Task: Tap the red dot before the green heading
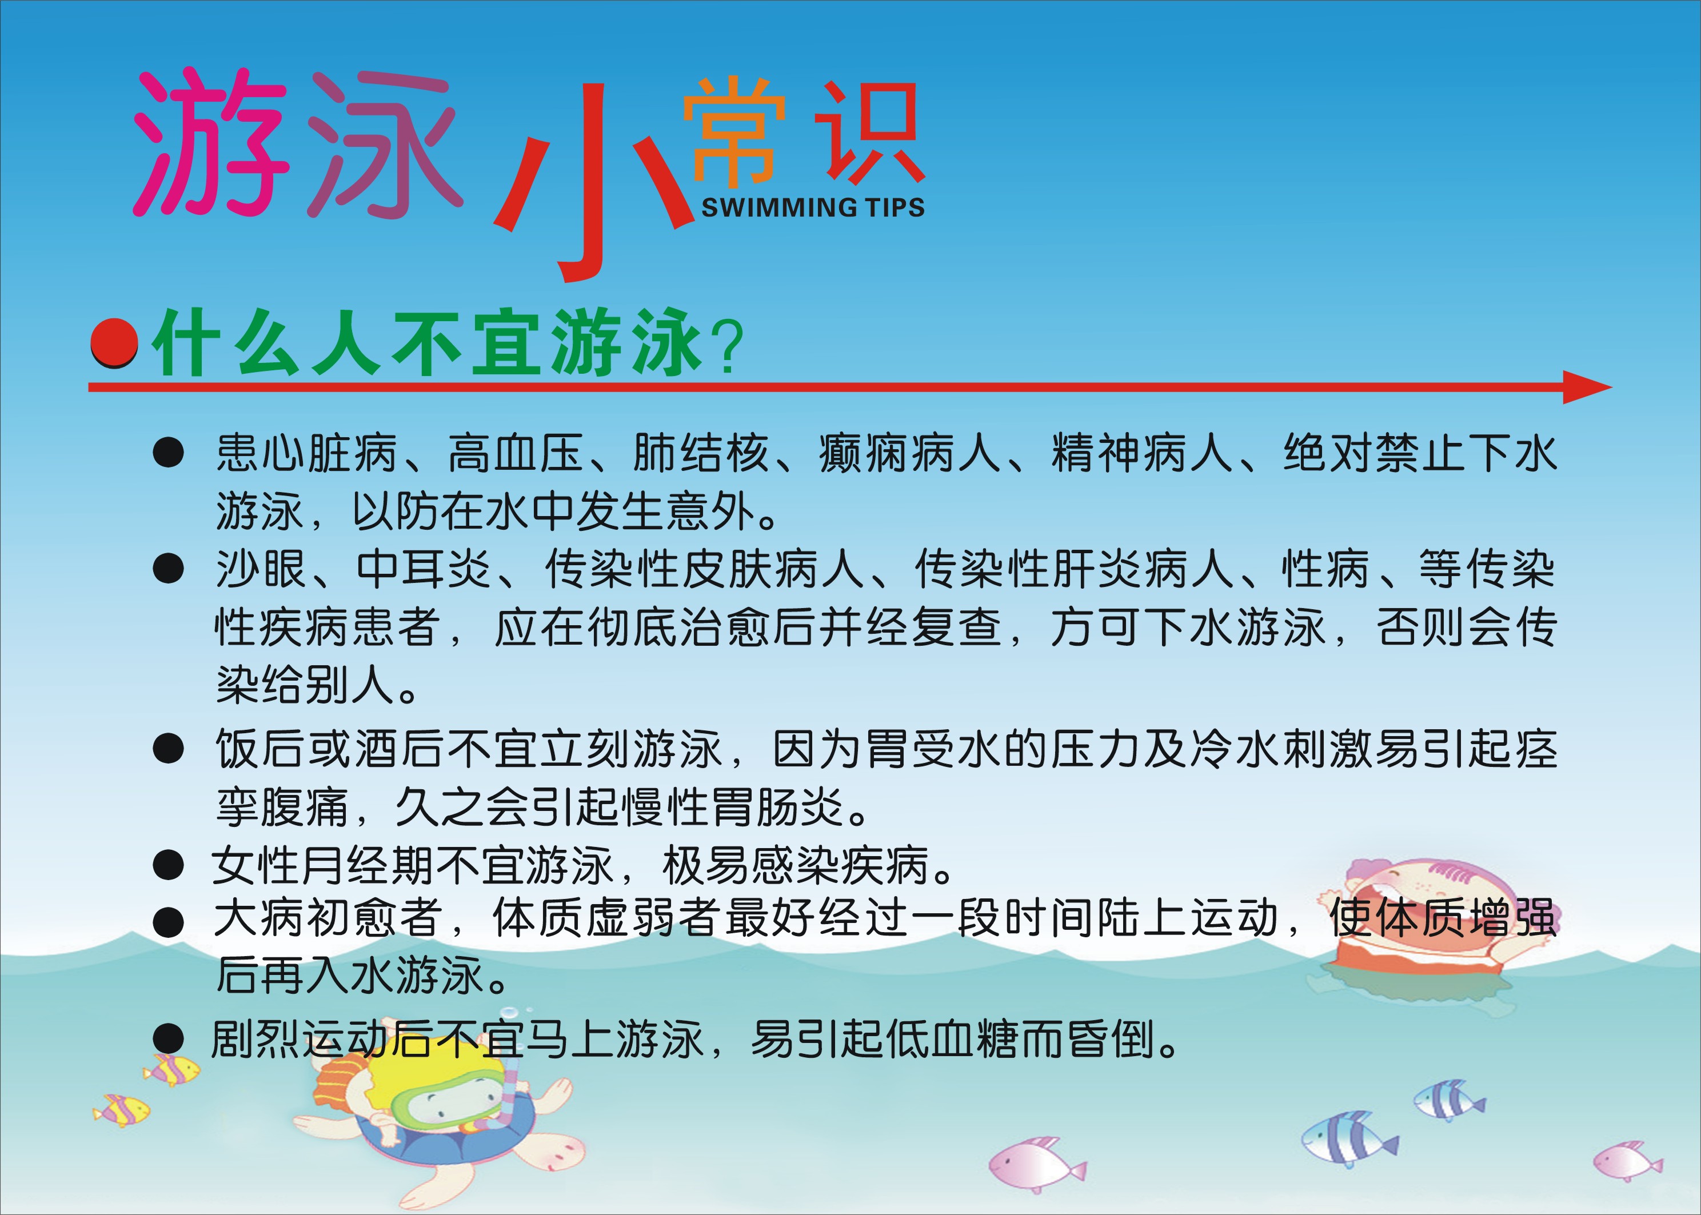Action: pyautogui.click(x=114, y=343)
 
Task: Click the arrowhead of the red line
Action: pyautogui.click(x=1587, y=387)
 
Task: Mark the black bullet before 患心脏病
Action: pyautogui.click(x=169, y=453)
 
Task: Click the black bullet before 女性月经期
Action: pyautogui.click(x=169, y=865)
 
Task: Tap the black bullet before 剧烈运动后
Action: pyautogui.click(x=169, y=1039)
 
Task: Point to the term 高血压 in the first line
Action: pyautogui.click(x=516, y=453)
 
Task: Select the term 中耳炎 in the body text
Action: pyautogui.click(x=424, y=569)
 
